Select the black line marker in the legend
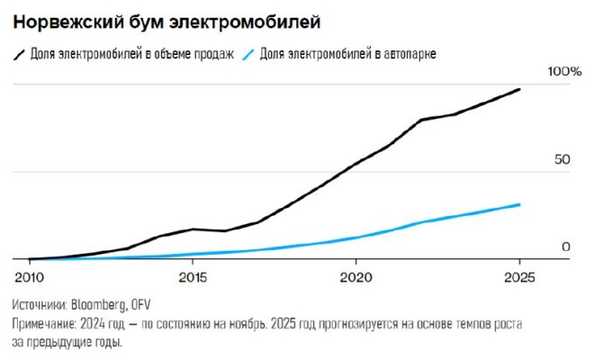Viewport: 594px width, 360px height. click(x=19, y=54)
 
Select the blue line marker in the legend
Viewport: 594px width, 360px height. click(x=248, y=54)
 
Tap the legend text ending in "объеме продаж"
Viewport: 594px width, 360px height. click(x=132, y=54)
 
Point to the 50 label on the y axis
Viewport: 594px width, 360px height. click(x=562, y=159)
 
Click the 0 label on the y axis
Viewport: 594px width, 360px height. click(x=566, y=247)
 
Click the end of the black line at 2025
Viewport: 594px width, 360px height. click(x=519, y=89)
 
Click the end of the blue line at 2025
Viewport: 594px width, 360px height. click(x=519, y=205)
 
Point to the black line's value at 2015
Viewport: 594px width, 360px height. click(x=193, y=229)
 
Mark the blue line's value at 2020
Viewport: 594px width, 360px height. click(x=356, y=238)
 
